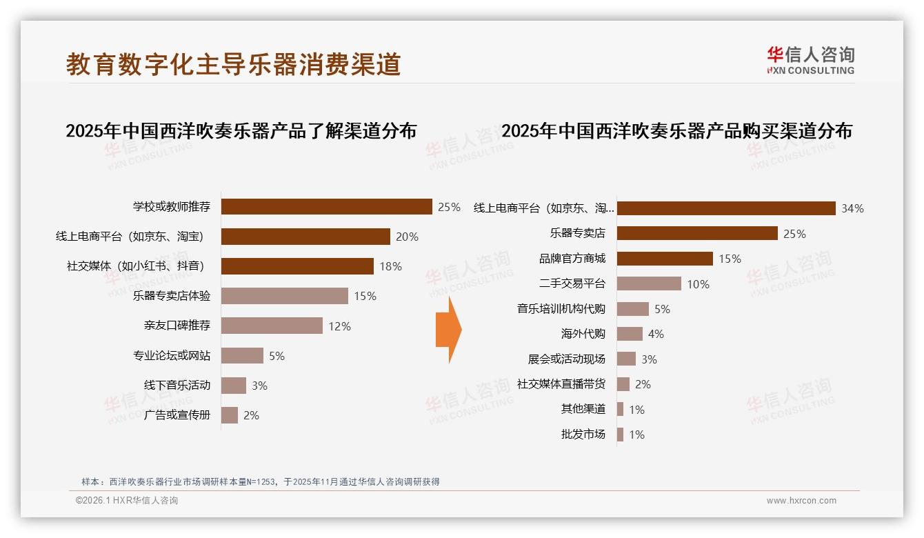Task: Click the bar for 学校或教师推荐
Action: click(x=326, y=207)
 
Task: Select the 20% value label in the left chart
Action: click(x=407, y=237)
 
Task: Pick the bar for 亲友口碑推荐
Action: click(x=272, y=326)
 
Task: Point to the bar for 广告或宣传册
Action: click(x=230, y=415)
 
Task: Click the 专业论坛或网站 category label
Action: click(x=172, y=356)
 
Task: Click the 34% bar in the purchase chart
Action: click(x=726, y=208)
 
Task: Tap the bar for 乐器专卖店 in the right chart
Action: click(x=697, y=233)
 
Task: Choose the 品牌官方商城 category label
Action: click(x=572, y=259)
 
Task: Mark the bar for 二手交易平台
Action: click(x=649, y=283)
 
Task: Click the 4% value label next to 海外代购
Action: click(x=656, y=334)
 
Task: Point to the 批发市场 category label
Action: click(x=583, y=435)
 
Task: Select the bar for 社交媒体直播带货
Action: click(x=623, y=384)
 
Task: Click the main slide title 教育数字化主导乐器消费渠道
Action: click(x=234, y=64)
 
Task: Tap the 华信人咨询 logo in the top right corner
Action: click(x=810, y=61)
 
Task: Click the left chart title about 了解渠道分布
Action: click(x=241, y=131)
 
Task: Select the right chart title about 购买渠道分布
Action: click(x=676, y=131)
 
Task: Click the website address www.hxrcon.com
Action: click(x=801, y=501)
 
